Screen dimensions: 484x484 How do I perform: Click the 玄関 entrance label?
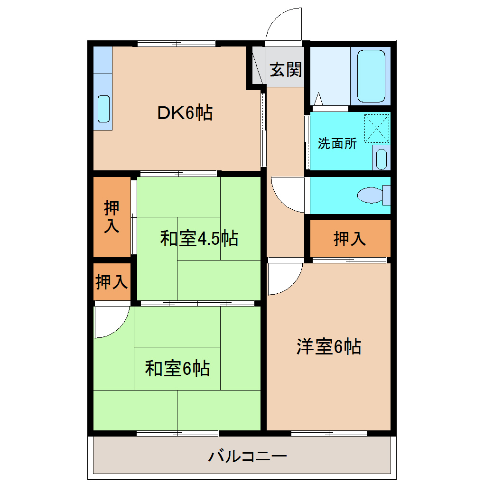[286, 70]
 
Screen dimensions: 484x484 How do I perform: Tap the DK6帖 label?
[185, 113]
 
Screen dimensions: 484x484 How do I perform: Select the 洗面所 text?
[337, 143]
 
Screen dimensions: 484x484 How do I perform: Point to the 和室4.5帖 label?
[199, 238]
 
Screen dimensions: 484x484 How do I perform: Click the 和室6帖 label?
[177, 368]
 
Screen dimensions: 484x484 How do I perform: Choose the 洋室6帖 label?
[328, 347]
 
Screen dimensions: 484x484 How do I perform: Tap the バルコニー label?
[248, 457]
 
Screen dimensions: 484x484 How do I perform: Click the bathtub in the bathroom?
[371, 76]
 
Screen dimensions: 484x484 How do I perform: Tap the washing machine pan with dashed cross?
[377, 129]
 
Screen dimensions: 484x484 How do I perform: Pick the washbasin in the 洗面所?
[381, 158]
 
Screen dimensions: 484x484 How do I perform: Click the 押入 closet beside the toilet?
[350, 238]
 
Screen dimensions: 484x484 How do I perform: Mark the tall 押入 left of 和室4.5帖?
[112, 216]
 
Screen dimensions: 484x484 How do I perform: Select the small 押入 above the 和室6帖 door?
[112, 282]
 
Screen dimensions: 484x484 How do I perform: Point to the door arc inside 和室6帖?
[111, 322]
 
